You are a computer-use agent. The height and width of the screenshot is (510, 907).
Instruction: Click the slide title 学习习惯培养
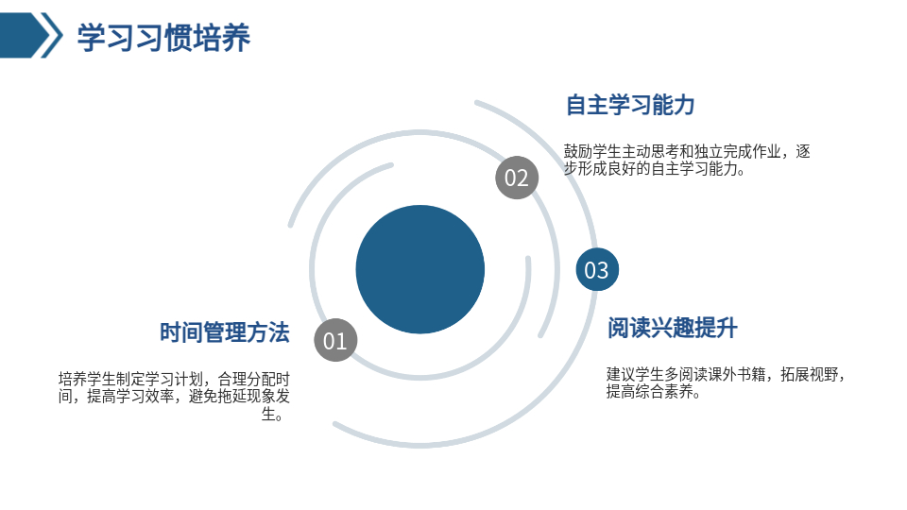[163, 38]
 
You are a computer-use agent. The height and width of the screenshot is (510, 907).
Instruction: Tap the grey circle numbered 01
[335, 340]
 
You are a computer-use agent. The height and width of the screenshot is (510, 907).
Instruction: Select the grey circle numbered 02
[517, 178]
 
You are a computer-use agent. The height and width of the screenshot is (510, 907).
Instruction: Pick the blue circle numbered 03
[597, 269]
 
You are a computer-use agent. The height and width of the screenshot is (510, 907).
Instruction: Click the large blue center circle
[419, 269]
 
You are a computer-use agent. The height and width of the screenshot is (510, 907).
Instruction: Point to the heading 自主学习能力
[630, 105]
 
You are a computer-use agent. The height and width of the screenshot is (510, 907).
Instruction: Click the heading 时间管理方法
[225, 332]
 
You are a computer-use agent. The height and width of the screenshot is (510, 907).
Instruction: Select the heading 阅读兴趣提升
[672, 328]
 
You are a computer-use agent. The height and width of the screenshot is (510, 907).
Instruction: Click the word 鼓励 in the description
[578, 151]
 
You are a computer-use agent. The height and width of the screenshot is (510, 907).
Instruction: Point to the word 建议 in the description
[621, 374]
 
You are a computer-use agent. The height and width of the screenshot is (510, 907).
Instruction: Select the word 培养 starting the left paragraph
[73, 380]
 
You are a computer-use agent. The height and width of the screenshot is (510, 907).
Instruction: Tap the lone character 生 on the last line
[268, 414]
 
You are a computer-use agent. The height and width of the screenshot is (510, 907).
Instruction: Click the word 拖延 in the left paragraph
[232, 397]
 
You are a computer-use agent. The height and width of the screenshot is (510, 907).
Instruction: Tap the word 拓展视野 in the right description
[809, 374]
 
